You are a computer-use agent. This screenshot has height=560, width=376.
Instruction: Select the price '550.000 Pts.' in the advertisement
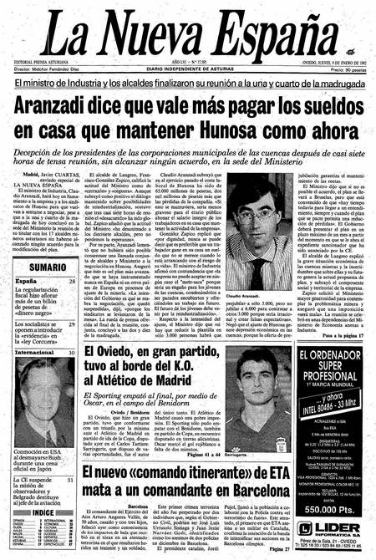[332, 508]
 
